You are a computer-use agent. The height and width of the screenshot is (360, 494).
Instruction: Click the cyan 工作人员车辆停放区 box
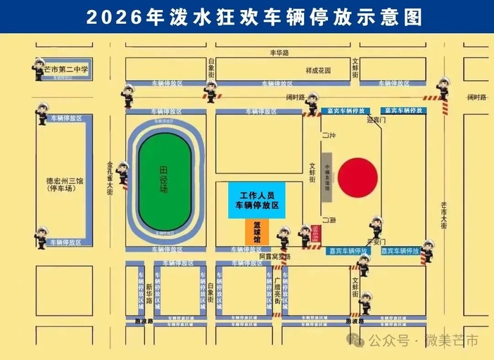(x=256, y=199)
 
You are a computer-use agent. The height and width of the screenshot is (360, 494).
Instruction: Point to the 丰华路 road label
(x=279, y=53)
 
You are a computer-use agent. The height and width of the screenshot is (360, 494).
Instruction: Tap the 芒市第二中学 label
(x=65, y=70)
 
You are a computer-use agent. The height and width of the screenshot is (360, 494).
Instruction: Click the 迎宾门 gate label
(x=377, y=120)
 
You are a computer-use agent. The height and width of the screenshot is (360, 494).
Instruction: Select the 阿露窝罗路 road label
(x=275, y=257)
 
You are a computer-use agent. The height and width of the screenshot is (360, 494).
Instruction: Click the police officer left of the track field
(x=122, y=172)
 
